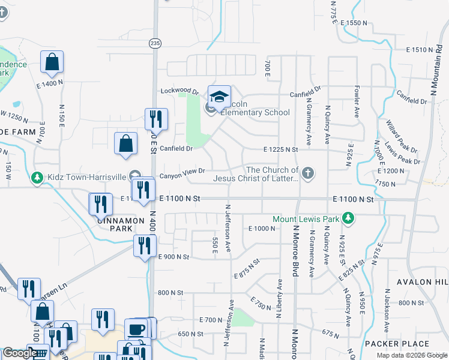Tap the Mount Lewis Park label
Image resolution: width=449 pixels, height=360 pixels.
tap(306, 219)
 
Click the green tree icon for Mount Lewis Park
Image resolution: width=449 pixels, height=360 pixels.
tap(347, 217)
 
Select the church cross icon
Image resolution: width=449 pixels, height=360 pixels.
tap(307, 174)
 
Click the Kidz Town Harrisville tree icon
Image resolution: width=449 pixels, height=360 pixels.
tap(37, 178)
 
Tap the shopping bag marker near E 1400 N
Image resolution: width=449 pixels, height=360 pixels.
tap(52, 62)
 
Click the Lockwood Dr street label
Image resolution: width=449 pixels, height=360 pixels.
tap(179, 92)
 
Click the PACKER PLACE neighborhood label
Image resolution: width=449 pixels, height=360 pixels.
tap(397, 344)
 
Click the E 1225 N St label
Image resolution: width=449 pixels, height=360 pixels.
tap(281, 149)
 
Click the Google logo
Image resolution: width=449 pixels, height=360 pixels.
tap(19, 353)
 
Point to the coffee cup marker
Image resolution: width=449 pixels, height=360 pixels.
tap(137, 329)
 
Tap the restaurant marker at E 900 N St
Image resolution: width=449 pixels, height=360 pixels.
tap(145, 246)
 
